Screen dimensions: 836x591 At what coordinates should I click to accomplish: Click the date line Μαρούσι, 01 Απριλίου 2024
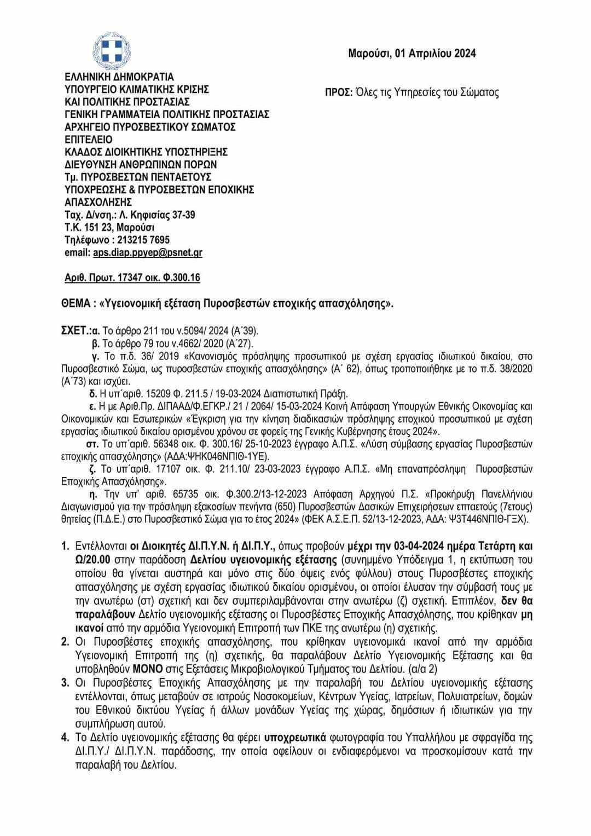(x=412, y=53)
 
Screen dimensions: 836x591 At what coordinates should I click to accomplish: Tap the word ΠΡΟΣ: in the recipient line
(x=339, y=92)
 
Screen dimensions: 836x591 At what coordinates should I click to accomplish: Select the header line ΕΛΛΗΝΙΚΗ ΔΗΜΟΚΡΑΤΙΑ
(x=119, y=77)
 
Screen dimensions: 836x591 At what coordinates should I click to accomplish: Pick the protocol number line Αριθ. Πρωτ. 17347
(x=132, y=278)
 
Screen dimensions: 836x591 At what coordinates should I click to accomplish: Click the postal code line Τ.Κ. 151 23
(x=109, y=228)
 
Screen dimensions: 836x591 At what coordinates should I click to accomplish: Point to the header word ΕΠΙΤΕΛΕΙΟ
(x=88, y=140)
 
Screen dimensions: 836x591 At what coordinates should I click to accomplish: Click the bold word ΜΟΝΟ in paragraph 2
(x=146, y=669)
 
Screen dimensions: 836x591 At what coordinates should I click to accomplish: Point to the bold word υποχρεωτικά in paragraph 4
(x=296, y=738)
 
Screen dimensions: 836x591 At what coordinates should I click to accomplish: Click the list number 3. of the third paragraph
(x=65, y=683)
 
